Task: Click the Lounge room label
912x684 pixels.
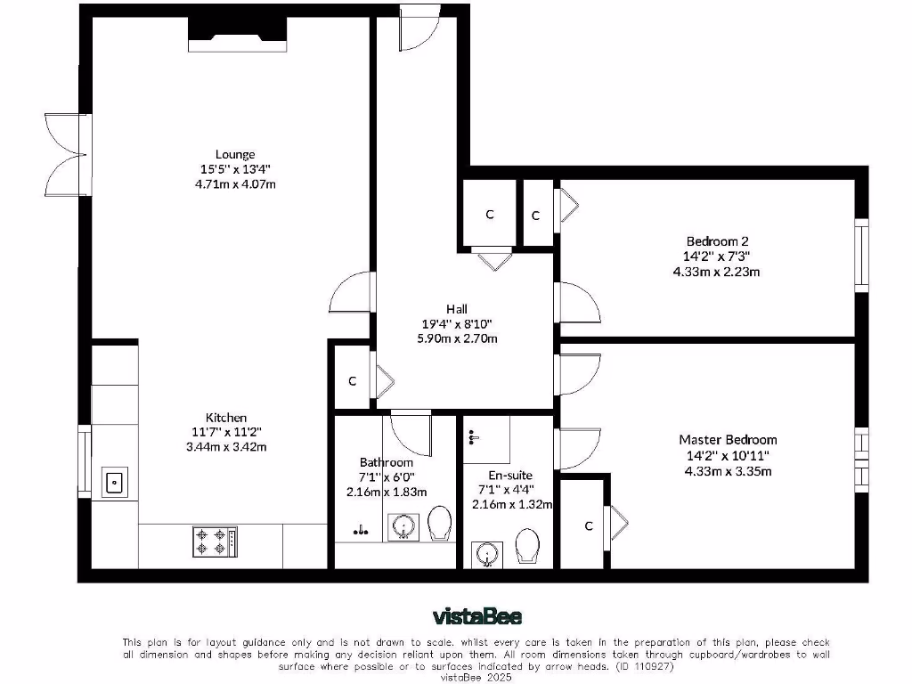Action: pyautogui.click(x=234, y=154)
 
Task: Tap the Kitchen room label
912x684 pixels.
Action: pyautogui.click(x=226, y=418)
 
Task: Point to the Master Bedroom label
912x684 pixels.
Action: pyautogui.click(x=727, y=440)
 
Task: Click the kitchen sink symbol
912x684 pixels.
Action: pyautogui.click(x=114, y=482)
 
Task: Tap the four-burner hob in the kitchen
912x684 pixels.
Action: pyautogui.click(x=215, y=540)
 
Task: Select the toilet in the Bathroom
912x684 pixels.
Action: pyautogui.click(x=439, y=525)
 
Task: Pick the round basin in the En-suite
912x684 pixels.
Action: pyautogui.click(x=486, y=554)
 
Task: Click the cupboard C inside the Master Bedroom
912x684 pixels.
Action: pyautogui.click(x=589, y=526)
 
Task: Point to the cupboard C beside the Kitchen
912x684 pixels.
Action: pyautogui.click(x=353, y=381)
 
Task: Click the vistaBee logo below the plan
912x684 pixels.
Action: pyautogui.click(x=476, y=616)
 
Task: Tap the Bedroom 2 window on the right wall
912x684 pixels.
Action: pyautogui.click(x=860, y=254)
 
